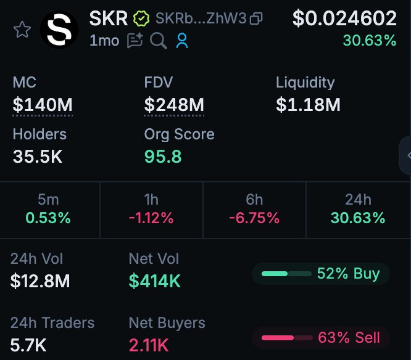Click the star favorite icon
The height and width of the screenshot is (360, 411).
pos(22,29)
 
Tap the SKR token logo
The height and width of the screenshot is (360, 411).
pos(59,29)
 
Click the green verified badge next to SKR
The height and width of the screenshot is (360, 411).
pos(142,19)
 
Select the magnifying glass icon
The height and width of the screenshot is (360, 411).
pos(159,41)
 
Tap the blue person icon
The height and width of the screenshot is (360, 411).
pos(181,41)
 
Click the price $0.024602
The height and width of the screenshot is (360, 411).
pos(344,18)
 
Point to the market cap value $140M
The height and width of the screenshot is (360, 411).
pos(43,105)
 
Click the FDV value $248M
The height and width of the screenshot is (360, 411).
pos(174,105)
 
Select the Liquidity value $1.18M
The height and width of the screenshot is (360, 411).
pos(308,105)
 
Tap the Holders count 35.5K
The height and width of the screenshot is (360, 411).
pos(38,157)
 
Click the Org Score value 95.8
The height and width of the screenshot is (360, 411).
pos(163,157)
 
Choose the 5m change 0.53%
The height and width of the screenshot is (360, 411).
pos(48,218)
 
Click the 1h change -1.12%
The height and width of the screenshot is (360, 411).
pos(151,218)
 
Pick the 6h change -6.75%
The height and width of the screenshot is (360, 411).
pos(254,218)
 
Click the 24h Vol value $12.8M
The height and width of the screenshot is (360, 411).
pos(40,281)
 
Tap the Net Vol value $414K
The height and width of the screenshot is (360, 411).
pos(155,281)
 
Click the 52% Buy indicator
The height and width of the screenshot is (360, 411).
pos(321,273)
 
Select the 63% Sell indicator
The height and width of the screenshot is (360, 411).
pos(321,337)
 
